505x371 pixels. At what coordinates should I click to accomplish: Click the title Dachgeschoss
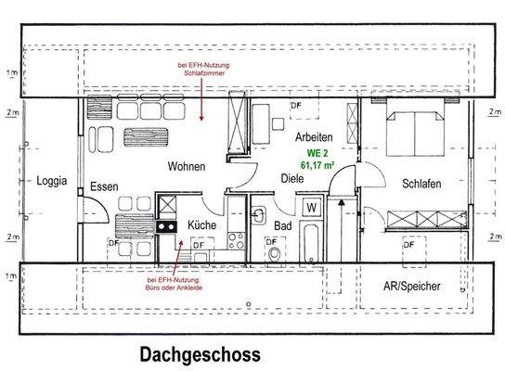[200, 354]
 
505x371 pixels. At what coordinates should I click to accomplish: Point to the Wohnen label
[186, 166]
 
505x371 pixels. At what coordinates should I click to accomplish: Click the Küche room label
[203, 225]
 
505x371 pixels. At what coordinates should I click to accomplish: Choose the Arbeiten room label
[315, 137]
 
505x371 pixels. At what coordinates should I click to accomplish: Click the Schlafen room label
[421, 184]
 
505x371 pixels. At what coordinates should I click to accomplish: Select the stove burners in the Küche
[167, 226]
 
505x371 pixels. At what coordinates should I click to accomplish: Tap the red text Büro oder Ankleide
[175, 288]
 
